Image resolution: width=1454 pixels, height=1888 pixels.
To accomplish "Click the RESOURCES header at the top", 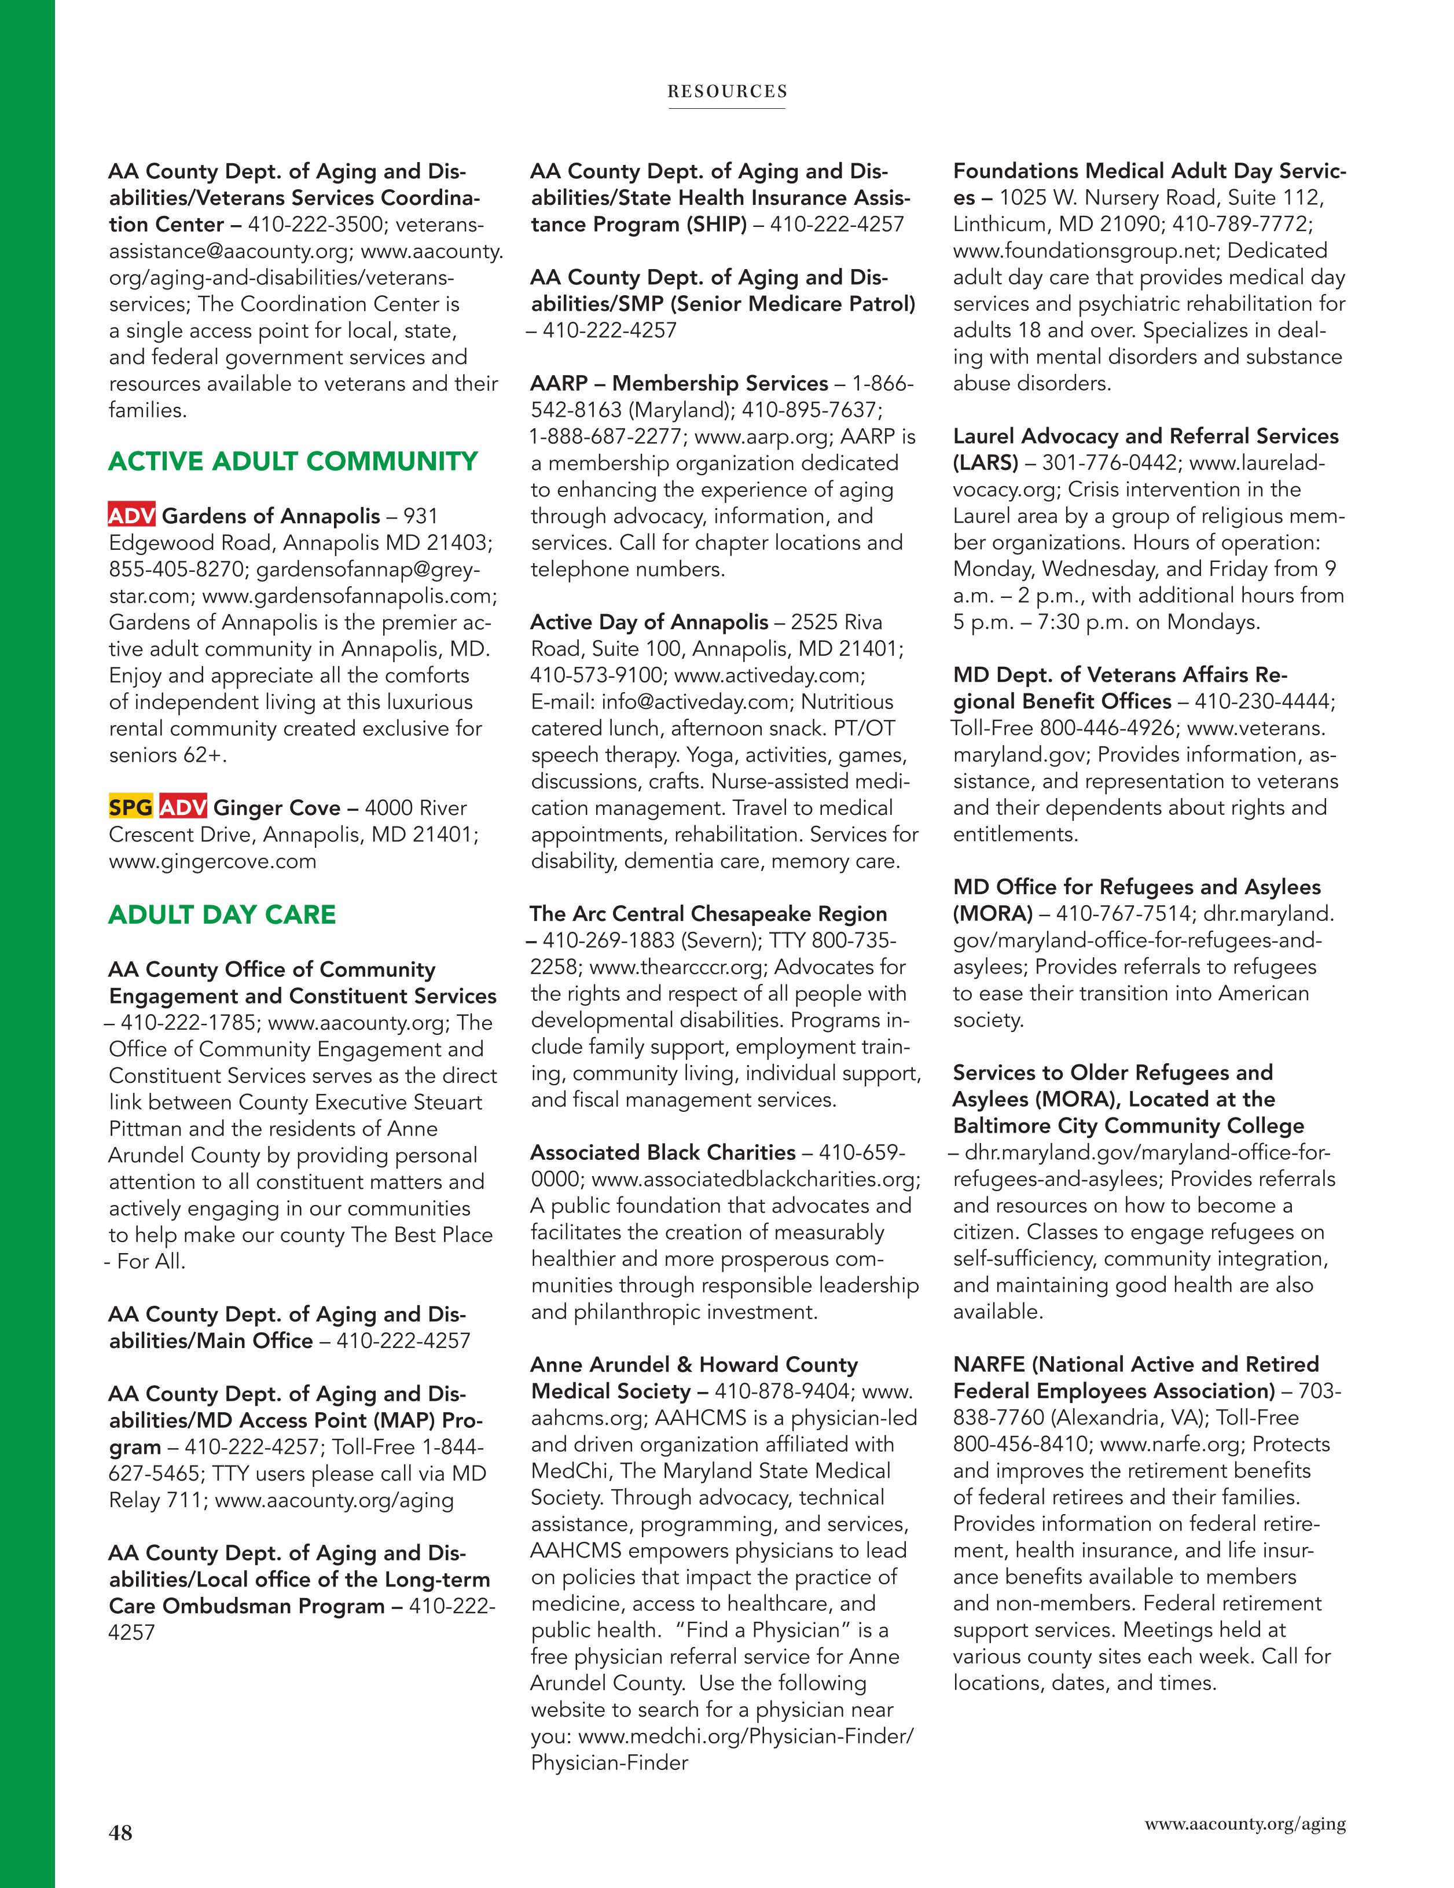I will (726, 91).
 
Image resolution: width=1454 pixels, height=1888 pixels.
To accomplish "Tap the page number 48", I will (120, 1831).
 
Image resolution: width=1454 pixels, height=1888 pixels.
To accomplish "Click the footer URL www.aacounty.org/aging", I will (1245, 1824).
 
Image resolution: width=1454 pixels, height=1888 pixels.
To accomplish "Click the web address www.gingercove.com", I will (212, 861).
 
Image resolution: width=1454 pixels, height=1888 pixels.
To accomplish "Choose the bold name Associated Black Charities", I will (662, 1152).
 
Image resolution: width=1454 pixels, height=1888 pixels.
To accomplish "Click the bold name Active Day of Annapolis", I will (648, 622).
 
